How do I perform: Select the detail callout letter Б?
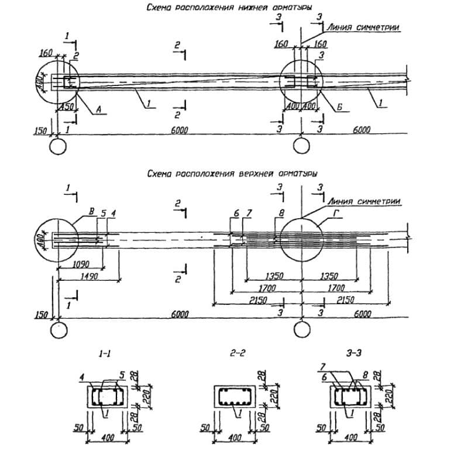pyautogui.click(x=339, y=108)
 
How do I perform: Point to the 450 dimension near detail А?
pyautogui.click(x=68, y=108)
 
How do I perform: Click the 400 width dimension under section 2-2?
pyautogui.click(x=234, y=438)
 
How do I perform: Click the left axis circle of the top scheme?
pyautogui.click(x=58, y=144)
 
